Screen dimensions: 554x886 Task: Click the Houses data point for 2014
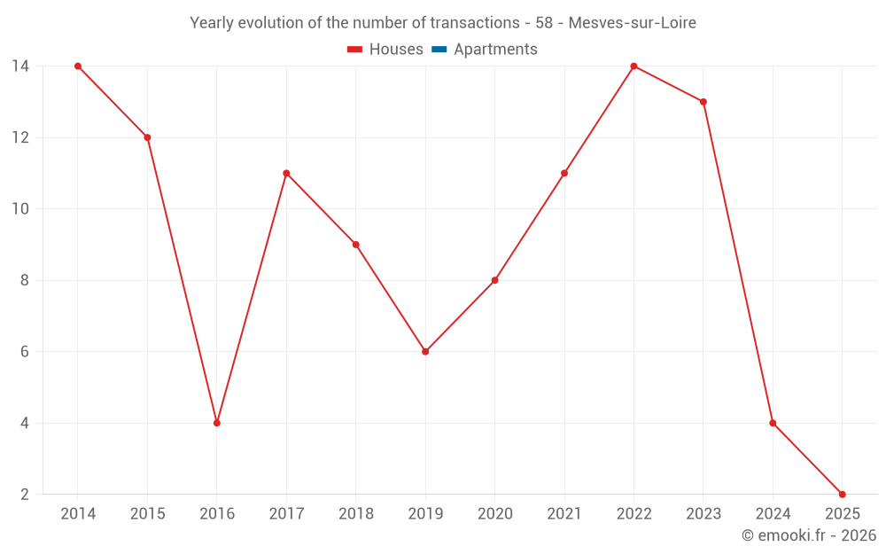(78, 66)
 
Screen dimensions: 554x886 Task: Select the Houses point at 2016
(217, 423)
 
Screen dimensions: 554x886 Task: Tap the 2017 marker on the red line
(286, 173)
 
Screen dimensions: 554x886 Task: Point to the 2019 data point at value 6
(425, 352)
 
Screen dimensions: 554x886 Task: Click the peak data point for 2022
(633, 66)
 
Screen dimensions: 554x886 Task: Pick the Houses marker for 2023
(703, 102)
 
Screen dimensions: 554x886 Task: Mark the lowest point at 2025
(842, 494)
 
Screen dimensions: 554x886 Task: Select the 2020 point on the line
(494, 280)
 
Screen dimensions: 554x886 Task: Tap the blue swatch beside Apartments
(439, 50)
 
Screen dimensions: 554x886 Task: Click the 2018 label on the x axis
(355, 514)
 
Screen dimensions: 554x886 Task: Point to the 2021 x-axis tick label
(564, 514)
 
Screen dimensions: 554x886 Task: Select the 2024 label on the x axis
(773, 514)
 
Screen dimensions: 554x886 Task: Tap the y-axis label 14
(19, 66)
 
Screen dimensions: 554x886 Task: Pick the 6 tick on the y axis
(23, 352)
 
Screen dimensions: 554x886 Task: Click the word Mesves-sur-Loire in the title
(632, 22)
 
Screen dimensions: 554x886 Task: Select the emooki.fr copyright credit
(809, 535)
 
